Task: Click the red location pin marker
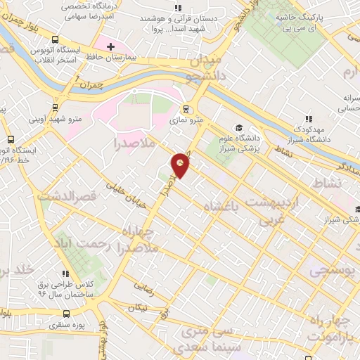[181, 164]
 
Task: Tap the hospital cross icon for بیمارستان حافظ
[110, 46]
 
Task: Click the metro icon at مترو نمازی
[186, 109]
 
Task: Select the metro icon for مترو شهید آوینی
[55, 108]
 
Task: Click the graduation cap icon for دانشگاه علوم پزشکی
[239, 127]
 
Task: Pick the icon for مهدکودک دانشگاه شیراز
[307, 119]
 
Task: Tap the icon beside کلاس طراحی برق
[65, 274]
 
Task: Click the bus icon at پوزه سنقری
[67, 314]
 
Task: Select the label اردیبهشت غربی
[285, 212]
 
